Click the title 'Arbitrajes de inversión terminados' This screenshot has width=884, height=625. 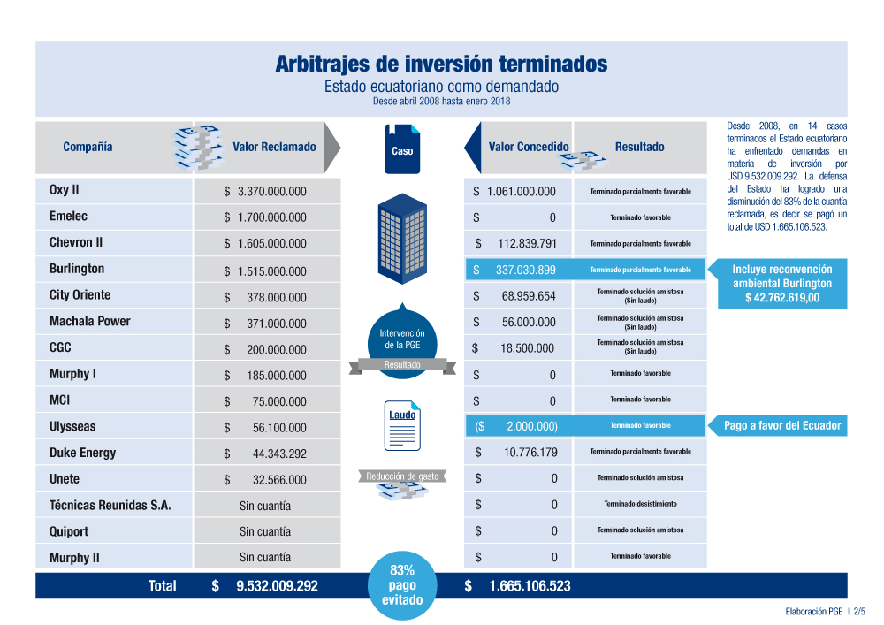tap(441, 65)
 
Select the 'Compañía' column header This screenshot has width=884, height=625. tap(88, 147)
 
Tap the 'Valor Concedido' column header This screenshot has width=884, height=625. tap(529, 147)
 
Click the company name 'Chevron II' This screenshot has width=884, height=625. tap(76, 242)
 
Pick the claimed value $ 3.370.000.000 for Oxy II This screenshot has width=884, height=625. tap(265, 191)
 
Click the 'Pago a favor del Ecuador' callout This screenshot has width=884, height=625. tap(782, 426)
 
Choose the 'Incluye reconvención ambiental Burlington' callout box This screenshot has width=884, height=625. tap(782, 284)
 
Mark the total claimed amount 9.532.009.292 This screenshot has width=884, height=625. tap(264, 585)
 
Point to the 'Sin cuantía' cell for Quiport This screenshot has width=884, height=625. tap(265, 531)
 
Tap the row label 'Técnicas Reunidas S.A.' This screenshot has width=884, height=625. tap(110, 506)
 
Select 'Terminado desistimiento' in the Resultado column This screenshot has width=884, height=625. tap(640, 504)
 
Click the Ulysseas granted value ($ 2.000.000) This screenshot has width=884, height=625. tap(516, 426)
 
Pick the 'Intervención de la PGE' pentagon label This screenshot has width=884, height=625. tap(402, 339)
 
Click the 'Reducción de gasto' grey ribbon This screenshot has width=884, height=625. tap(402, 477)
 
